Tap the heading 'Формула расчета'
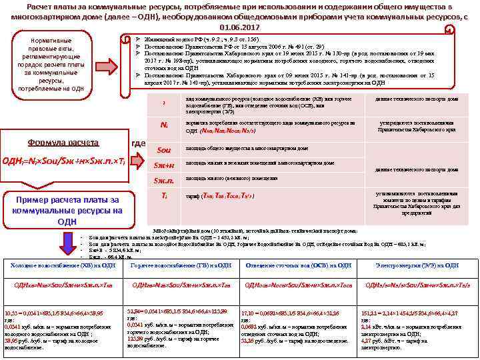(63, 143)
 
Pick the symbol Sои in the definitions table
(164, 149)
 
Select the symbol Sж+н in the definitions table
(164, 165)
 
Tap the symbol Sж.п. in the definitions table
(164, 179)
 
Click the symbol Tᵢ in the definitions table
(164, 195)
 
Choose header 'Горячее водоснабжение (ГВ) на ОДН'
(181, 265)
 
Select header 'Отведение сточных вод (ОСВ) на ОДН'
(298, 265)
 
